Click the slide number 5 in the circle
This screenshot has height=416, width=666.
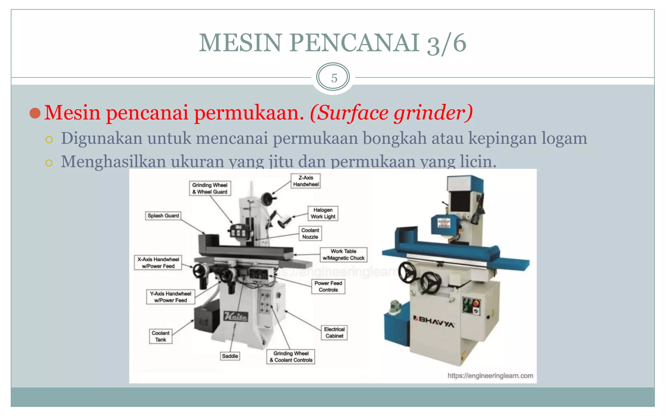click(334, 78)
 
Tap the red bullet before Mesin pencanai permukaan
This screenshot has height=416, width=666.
click(35, 113)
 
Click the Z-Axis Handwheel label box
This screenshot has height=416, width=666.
click(306, 181)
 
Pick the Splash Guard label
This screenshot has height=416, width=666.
click(163, 216)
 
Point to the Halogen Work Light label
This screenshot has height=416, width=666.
click(323, 214)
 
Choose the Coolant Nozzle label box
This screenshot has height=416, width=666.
click(310, 234)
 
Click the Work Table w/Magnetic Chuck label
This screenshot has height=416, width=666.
click(343, 255)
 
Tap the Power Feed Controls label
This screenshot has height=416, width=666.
click(328, 287)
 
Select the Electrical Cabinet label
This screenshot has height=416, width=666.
click(334, 333)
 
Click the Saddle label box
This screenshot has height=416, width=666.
click(230, 356)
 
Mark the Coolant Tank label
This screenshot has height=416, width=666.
click(161, 336)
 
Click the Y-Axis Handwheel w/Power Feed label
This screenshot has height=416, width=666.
click(170, 297)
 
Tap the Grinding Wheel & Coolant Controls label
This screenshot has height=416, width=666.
click(291, 357)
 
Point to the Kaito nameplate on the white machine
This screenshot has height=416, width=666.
click(236, 316)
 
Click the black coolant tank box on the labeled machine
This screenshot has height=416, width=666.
click(207, 319)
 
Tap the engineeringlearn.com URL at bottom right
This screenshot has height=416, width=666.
click(490, 376)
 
